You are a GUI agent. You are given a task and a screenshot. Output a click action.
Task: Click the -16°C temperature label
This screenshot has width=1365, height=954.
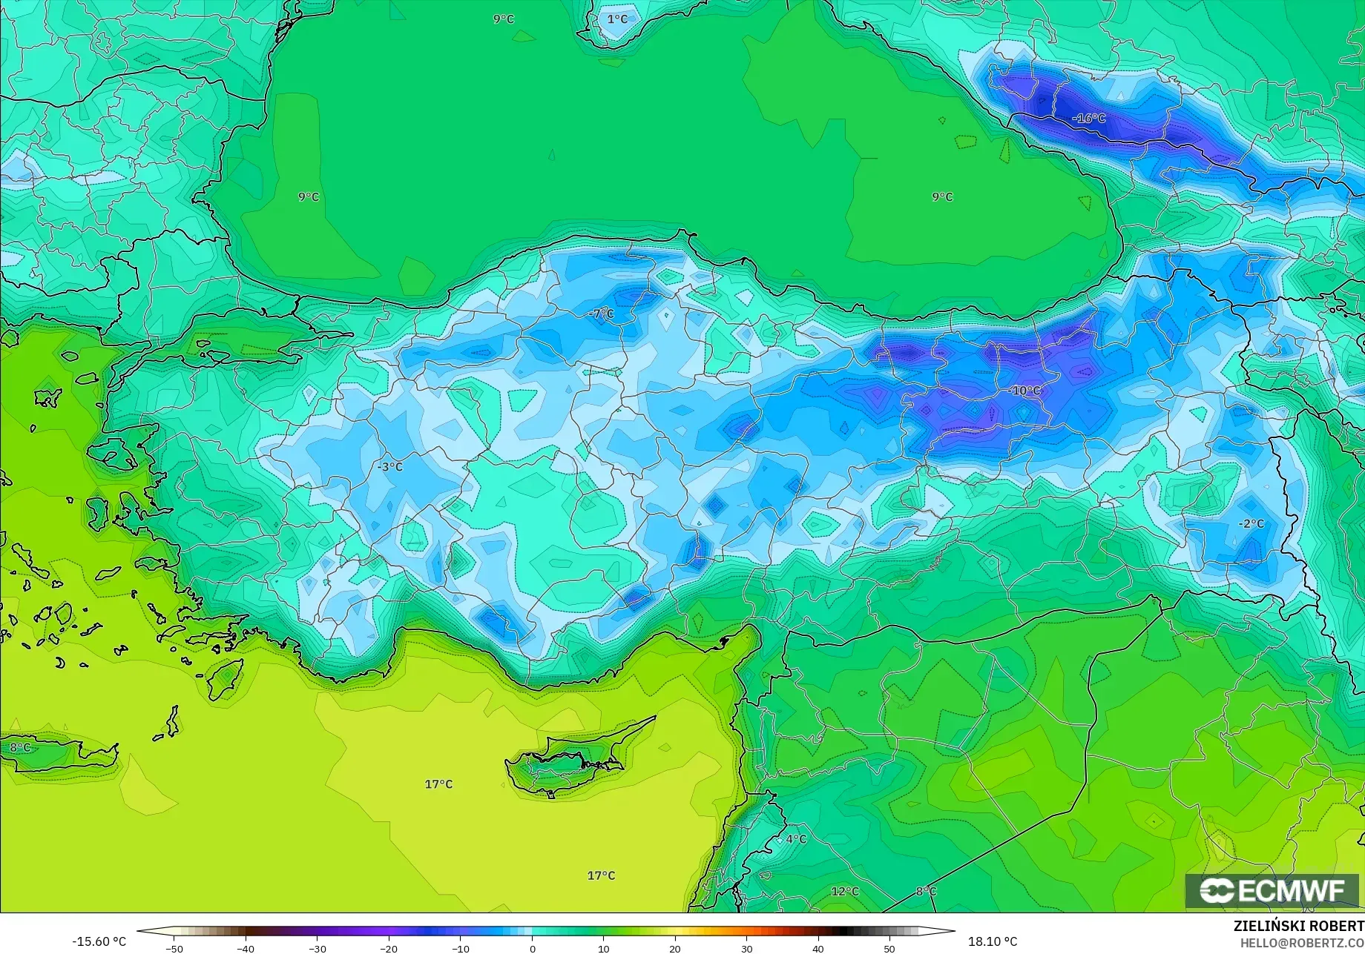1089,119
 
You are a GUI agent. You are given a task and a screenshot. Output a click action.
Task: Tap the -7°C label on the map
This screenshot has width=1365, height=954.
602,314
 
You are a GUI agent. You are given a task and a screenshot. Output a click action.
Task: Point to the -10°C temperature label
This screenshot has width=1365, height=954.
1024,391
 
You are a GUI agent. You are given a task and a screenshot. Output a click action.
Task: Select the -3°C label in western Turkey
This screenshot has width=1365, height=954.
390,467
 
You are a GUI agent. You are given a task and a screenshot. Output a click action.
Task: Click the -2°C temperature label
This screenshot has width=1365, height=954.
1251,523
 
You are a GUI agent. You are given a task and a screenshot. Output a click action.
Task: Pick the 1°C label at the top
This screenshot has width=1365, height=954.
617,19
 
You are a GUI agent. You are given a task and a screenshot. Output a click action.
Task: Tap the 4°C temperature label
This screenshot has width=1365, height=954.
796,838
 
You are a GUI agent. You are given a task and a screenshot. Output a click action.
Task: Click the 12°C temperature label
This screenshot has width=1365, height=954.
845,891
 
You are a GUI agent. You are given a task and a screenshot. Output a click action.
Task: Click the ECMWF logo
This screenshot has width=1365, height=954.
1272,890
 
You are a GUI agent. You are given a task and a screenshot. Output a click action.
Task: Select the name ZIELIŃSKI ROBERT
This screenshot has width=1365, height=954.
1298,926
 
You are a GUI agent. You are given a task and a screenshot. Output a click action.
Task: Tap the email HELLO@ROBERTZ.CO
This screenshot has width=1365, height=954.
1302,941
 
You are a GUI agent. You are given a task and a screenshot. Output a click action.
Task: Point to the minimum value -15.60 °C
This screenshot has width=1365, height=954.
99,941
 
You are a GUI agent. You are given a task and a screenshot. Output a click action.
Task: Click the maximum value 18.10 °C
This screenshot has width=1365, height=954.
993,941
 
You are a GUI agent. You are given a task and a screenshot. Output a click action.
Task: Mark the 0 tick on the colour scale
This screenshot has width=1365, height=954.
532,949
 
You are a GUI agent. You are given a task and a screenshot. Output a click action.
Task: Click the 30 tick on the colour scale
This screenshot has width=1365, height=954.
746,949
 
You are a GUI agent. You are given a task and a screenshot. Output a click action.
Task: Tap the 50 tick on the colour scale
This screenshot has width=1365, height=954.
889,949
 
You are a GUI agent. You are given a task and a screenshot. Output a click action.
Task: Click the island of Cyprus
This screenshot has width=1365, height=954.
568,763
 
